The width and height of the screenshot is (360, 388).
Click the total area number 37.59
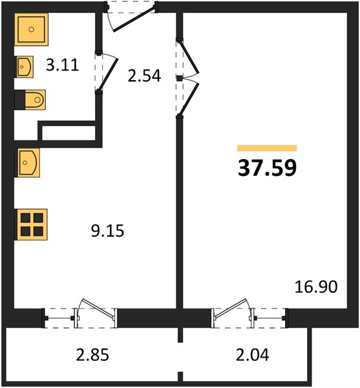coord(267,168)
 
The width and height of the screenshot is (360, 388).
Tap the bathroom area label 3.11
coord(63,65)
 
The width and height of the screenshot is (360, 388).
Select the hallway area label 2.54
coord(144,76)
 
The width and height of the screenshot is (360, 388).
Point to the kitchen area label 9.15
coord(107,231)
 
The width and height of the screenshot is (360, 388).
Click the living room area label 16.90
coord(316,286)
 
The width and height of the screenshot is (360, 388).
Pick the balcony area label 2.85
coord(92,355)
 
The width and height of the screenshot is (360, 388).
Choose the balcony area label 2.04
coord(253,355)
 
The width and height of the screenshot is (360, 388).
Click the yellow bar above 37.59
coord(267,148)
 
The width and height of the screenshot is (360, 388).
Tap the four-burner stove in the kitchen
coord(32,224)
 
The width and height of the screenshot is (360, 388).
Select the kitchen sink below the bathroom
coord(27,162)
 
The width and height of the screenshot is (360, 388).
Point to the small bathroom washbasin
coord(24,67)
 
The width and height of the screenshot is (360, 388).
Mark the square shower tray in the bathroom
coord(32,30)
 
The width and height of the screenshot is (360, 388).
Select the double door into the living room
coord(189,78)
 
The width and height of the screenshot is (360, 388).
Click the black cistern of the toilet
coord(20,100)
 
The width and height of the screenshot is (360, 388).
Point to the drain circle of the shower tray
coord(31,30)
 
